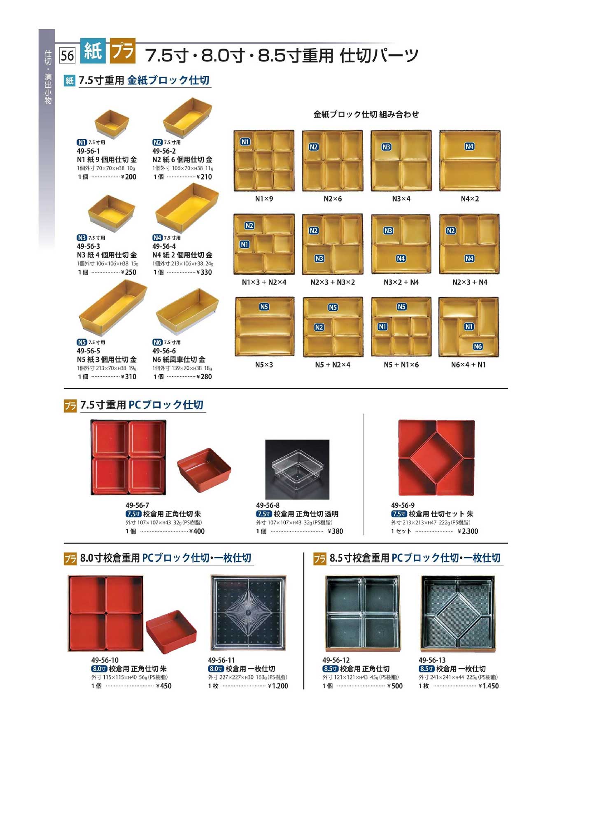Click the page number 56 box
coord(68,55)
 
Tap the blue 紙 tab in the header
coord(93,51)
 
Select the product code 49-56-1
coord(88,151)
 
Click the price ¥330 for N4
coord(204,272)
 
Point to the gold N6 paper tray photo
coord(187,313)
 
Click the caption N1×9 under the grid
coord(264,199)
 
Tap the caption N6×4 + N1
coord(468,365)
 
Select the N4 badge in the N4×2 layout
coord(469,146)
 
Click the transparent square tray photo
coord(297,469)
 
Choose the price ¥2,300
coord(468,531)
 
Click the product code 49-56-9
coord(403,505)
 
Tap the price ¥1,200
coord(278,686)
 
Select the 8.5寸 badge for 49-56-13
coord(427,669)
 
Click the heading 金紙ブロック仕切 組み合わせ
coord(366,114)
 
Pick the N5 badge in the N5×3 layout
coord(264,307)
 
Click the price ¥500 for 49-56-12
coord(395,686)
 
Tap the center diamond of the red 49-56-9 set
coord(436,458)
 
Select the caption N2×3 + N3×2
coord(333,282)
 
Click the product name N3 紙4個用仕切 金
coord(107,255)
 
